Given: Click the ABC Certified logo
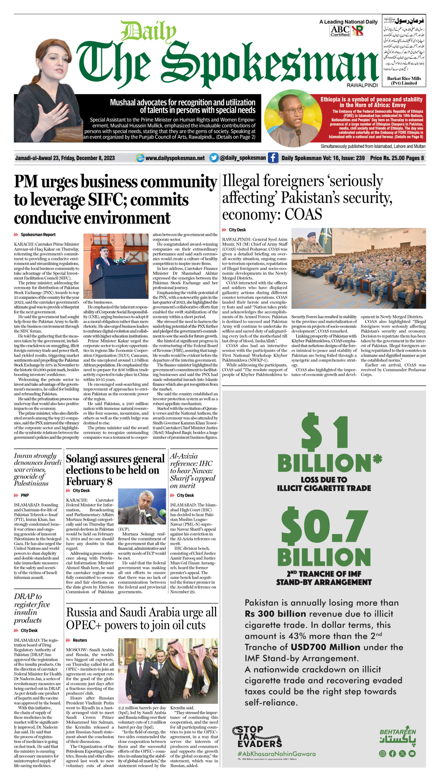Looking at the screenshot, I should pyautogui.click(x=340, y=31).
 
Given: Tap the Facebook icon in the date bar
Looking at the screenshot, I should pyautogui.click(x=273, y=158).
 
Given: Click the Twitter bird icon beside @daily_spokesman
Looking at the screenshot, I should pyautogui.click(x=214, y=158).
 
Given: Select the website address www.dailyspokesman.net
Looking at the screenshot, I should pyautogui.click(x=175, y=158).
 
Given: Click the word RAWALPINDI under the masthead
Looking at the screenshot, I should pyautogui.click(x=362, y=85).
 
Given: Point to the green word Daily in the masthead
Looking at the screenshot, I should pyautogui.click(x=148, y=32).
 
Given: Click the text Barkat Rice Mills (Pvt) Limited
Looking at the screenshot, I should pyautogui.click(x=404, y=81).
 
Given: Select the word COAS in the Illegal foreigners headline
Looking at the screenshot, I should pyautogui.click(x=303, y=214).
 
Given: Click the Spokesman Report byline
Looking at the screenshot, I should pyautogui.click(x=38, y=235).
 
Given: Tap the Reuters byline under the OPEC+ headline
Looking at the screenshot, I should pyautogui.click(x=80, y=640).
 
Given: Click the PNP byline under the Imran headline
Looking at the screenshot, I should pyautogui.click(x=24, y=495).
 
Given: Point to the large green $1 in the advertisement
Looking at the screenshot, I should pyautogui.click(x=324, y=432).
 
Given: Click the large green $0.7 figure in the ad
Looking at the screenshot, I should pyautogui.click(x=324, y=524).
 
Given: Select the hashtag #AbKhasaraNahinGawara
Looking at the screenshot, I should pyautogui.click(x=277, y=754).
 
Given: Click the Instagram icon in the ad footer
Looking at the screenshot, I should pyautogui.click(x=382, y=753).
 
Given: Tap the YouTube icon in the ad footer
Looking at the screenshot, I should pyautogui.click(x=412, y=753).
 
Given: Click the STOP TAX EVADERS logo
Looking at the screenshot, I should pyautogui.click(x=257, y=736).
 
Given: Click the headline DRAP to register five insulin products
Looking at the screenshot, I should pyautogui.click(x=32, y=608).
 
